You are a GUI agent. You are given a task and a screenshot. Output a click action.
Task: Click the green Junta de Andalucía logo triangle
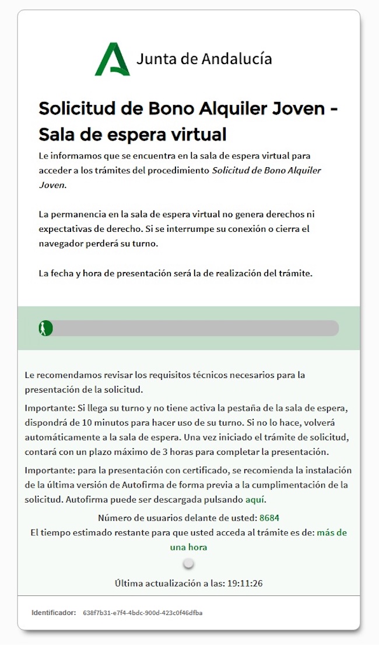(112, 59)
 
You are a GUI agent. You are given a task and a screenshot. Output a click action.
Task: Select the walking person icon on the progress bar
(44, 328)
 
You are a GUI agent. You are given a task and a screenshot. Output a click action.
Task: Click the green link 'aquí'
(255, 499)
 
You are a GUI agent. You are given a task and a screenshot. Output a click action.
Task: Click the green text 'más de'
(332, 532)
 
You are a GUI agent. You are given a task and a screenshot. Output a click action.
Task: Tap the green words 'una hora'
(188, 548)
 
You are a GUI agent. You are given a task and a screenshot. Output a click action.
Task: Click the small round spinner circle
(188, 564)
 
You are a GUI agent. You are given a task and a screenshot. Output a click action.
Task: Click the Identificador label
(54, 613)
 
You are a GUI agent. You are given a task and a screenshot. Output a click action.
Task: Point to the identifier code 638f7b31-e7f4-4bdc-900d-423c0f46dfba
(143, 613)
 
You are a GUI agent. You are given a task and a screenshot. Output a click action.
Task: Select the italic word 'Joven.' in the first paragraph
(52, 185)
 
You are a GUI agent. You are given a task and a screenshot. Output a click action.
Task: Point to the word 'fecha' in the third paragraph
(61, 273)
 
